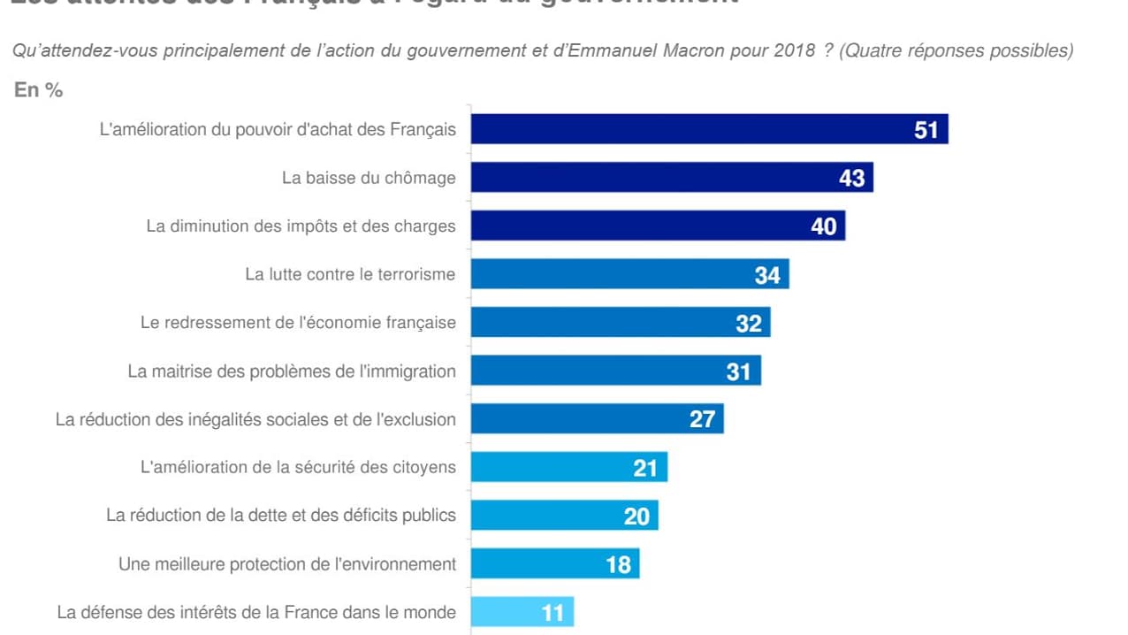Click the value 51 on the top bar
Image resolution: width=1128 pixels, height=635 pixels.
[926, 130]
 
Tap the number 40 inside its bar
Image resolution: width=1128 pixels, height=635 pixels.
[823, 226]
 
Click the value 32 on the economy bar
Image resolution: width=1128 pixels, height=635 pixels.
[748, 323]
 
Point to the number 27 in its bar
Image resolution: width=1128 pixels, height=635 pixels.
[702, 419]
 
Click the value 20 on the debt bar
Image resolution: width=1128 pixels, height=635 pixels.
[636, 516]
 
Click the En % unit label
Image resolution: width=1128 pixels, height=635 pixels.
[38, 90]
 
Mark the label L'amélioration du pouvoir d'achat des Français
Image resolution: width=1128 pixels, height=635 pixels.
[278, 130]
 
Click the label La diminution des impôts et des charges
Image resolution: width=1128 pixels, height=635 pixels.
[301, 226]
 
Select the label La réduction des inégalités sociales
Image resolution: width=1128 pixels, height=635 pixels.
[255, 419]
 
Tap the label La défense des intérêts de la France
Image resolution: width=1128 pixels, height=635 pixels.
[256, 612]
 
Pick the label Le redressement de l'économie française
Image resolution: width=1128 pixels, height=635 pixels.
[298, 323]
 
